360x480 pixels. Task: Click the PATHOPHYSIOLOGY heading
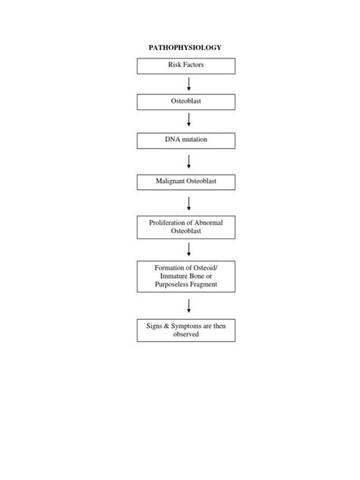[x=185, y=48]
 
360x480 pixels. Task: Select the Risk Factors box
[x=186, y=65]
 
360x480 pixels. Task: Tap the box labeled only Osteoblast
[x=186, y=102]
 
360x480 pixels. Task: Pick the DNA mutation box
[x=186, y=141]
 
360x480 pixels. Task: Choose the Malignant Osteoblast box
[x=186, y=182]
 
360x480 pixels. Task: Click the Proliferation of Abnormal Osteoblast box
[x=186, y=226]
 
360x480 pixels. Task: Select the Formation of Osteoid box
[x=186, y=276]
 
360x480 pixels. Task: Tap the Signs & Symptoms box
[x=186, y=330]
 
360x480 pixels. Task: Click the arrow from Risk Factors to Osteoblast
[x=187, y=84]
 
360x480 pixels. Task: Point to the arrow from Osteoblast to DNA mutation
[x=187, y=122]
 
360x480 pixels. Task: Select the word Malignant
[x=170, y=182]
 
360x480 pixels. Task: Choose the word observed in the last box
[x=186, y=334]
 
